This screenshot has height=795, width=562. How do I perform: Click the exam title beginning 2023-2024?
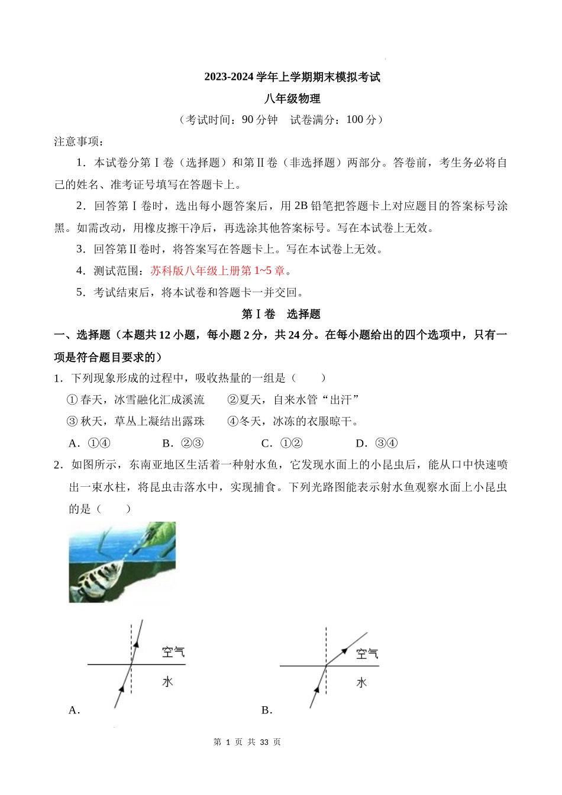[x=292, y=77]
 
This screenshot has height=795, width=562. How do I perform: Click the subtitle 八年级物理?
[x=292, y=98]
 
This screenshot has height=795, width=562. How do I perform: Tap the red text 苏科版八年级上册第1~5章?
[x=218, y=271]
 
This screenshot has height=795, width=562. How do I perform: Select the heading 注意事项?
[x=79, y=141]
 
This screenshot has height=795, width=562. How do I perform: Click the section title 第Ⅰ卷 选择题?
[x=281, y=314]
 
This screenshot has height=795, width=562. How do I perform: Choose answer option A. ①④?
[x=89, y=443]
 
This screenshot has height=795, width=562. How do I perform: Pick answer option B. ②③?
[x=183, y=443]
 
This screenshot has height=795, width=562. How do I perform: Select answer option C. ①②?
[x=282, y=443]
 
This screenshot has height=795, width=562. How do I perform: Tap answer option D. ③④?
[x=376, y=443]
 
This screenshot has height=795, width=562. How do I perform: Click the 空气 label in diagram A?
[x=173, y=652]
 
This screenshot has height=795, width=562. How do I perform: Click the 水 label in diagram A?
[x=168, y=681]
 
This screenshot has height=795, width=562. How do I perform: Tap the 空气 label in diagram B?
[x=367, y=654]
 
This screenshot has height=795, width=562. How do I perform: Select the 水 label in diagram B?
[x=361, y=683]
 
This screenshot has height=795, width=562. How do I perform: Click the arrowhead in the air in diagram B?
[x=343, y=651]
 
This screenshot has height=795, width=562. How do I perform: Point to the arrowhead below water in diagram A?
[x=122, y=688]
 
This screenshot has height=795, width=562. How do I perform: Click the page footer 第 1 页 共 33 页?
[x=247, y=742]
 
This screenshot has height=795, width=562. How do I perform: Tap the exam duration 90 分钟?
[x=260, y=119]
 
